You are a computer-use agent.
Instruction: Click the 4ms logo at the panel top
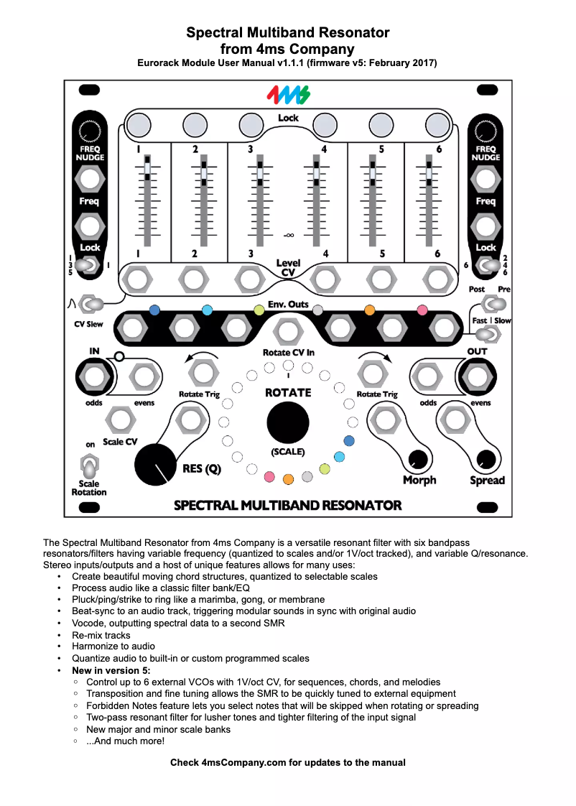coord(288,95)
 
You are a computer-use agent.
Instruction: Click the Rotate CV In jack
coord(288,332)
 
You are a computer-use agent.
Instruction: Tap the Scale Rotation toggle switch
coord(89,468)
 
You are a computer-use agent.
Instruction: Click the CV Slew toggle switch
coord(88,305)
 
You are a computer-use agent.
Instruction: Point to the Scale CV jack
coord(120,419)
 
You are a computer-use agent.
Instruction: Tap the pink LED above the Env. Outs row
coord(422,310)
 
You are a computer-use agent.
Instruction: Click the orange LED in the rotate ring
coord(288,478)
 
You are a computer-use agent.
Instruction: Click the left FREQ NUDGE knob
coord(89,131)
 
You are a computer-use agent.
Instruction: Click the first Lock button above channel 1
coord(136,125)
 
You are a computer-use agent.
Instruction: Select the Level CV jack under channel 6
coord(436,277)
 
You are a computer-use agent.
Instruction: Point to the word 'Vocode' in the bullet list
coord(88,623)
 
